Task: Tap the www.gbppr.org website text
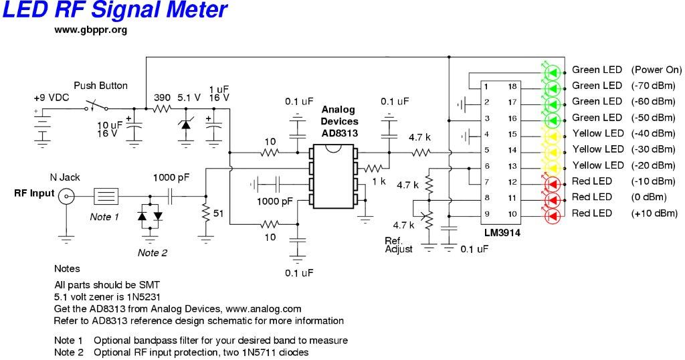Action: point(90,30)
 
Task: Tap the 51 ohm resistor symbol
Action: point(205,213)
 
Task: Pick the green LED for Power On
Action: point(552,70)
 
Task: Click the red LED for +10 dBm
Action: point(552,214)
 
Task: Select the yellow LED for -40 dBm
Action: point(552,134)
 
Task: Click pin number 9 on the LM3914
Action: point(486,214)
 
